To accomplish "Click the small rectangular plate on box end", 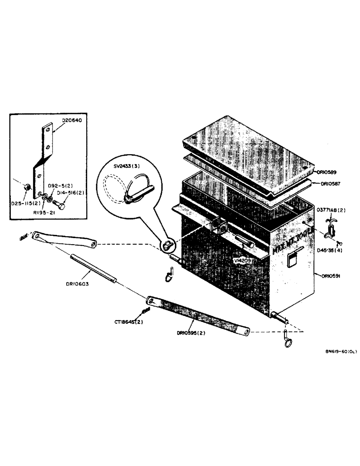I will coord(293,259).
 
